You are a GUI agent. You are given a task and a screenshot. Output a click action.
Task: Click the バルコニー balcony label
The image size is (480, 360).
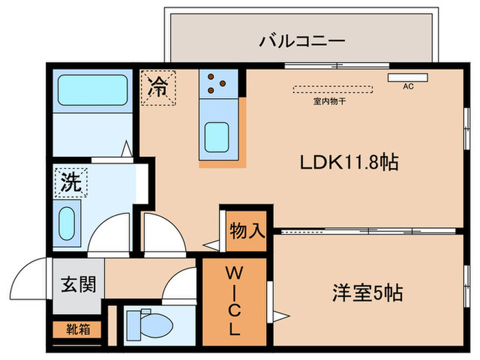(x=301, y=42)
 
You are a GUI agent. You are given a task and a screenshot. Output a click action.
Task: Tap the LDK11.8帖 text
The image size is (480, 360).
(x=350, y=163)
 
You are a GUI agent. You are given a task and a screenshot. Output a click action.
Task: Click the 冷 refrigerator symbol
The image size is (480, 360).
(x=158, y=88)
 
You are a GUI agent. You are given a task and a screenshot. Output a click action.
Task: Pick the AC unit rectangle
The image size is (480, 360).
(x=407, y=77)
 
